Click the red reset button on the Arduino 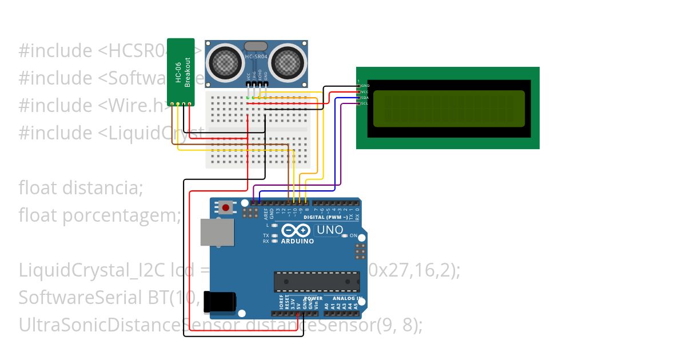226,207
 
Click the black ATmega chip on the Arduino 317,282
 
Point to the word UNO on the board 330,230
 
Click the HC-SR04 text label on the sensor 256,57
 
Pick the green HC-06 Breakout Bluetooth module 181,72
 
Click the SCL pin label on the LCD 364,103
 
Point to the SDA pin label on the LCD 364,98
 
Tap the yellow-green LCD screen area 449,109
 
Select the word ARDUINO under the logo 297,241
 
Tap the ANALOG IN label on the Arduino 344,298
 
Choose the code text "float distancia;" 81,187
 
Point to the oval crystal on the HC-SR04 256,46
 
